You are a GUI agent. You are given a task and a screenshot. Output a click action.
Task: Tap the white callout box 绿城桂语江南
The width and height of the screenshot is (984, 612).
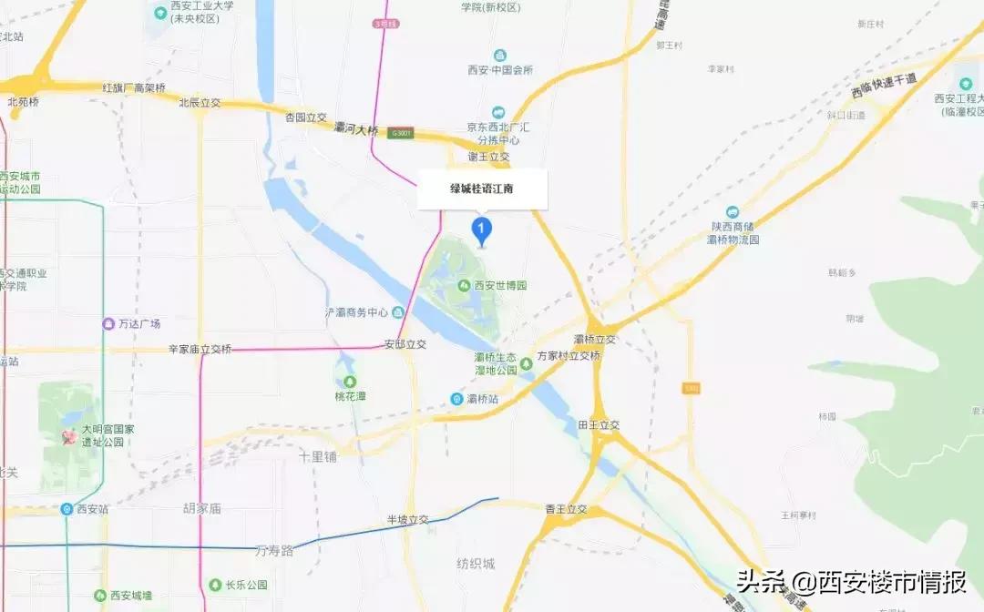482,190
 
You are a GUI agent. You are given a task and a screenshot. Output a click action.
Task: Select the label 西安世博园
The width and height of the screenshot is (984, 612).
499,285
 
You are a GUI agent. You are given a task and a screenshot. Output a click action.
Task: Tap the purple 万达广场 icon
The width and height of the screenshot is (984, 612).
108,323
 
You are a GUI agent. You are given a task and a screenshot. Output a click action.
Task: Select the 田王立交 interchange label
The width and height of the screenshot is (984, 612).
598,425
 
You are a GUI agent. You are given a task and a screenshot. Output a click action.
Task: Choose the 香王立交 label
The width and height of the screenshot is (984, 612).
569,508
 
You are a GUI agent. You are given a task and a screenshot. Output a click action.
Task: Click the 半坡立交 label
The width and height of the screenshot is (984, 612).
406,519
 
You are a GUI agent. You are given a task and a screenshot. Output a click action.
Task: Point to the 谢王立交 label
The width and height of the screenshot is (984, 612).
488,157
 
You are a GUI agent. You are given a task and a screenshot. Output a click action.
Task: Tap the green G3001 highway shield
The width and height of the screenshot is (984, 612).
400,133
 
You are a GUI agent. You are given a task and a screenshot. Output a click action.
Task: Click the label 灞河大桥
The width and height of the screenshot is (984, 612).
355,130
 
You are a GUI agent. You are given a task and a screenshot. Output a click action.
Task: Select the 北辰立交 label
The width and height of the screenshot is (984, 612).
200,103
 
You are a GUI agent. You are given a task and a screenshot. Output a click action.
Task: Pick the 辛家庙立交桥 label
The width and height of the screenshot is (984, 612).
200,349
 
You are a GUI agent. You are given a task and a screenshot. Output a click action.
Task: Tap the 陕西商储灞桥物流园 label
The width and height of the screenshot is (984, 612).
733,232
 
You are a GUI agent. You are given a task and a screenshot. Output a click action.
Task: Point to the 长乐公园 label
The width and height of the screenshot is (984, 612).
245,585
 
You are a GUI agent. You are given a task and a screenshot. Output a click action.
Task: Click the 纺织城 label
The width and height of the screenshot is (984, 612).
476,564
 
